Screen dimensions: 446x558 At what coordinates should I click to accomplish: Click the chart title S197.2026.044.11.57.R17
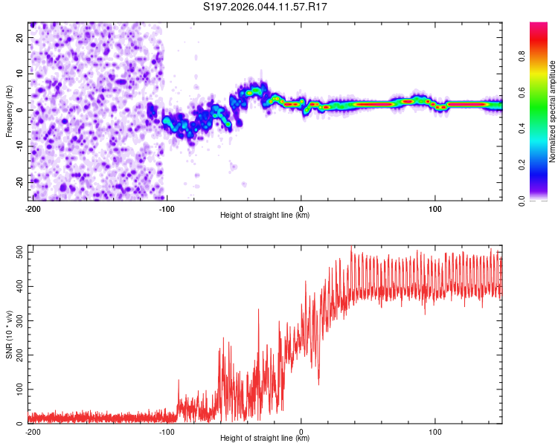point(266,7)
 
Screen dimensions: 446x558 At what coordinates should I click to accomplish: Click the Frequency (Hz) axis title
point(9,111)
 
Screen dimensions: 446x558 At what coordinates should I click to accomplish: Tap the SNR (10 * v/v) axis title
point(9,334)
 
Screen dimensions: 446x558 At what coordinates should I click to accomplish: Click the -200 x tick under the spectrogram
point(33,208)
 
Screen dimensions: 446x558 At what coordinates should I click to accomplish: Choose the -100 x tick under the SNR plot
point(167,431)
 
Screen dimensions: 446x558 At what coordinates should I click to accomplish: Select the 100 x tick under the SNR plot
point(435,431)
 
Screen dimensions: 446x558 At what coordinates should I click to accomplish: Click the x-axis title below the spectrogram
point(265,216)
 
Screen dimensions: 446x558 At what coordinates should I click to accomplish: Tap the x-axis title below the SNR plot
point(265,439)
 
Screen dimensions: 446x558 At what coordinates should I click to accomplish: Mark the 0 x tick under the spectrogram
point(301,208)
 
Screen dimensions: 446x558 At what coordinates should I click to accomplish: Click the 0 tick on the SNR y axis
point(22,424)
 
